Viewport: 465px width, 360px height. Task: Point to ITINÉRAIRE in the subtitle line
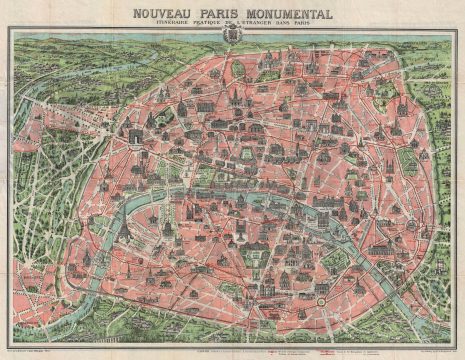pyautogui.click(x=170, y=25)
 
